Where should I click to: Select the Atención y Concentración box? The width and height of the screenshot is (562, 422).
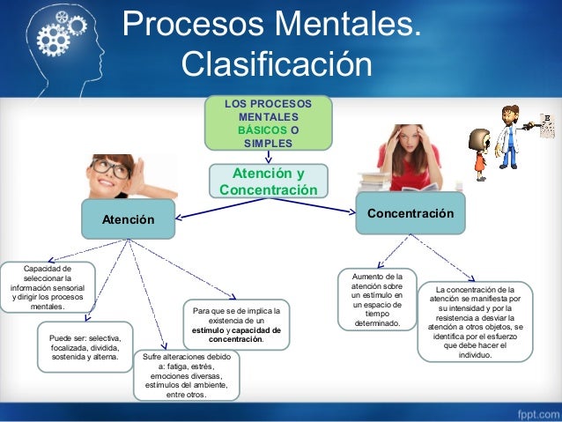268,181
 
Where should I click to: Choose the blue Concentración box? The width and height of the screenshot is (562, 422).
410,214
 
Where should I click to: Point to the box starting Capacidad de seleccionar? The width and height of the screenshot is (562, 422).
48,287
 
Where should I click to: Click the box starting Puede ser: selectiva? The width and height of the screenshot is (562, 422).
85,347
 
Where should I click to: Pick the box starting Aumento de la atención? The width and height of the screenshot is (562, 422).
376,300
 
